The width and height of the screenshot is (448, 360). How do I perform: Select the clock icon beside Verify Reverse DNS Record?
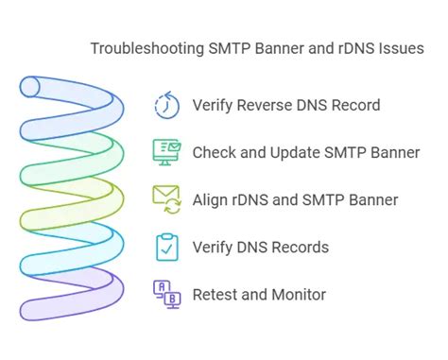coord(167,105)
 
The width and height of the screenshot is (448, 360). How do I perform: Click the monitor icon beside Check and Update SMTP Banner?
coord(167,151)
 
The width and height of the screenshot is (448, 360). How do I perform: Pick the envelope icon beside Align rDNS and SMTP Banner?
coord(167,198)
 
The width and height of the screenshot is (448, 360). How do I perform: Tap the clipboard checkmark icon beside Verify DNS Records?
coord(167,247)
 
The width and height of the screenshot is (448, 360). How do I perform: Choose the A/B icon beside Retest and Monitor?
coord(167,295)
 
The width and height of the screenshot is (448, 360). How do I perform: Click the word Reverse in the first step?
coord(263,105)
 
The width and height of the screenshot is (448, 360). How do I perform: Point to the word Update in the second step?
coord(299,152)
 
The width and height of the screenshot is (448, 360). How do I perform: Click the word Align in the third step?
coord(212,199)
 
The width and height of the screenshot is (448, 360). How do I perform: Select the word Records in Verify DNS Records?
coord(300,248)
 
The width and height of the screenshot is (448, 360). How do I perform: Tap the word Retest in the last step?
coord(216,295)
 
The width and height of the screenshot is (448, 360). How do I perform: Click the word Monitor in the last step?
coord(298,295)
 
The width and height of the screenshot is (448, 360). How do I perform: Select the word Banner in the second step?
coord(394,152)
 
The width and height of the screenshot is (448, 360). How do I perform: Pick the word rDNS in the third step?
coord(255,199)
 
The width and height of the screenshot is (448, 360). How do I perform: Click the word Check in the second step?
coord(214,152)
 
